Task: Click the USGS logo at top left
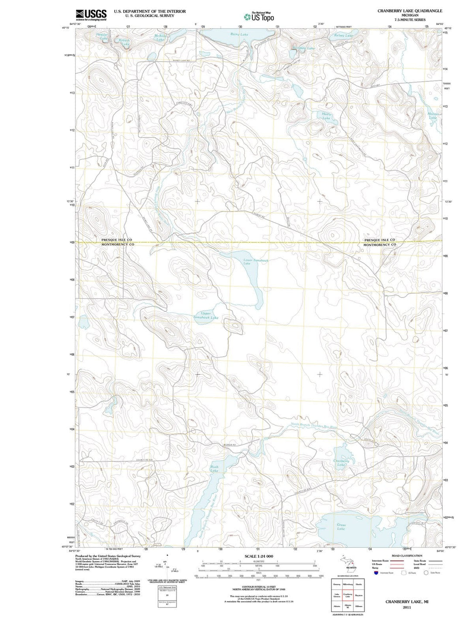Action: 91,15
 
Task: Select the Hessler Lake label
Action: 102,36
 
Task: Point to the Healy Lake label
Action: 327,116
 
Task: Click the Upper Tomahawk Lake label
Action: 206,316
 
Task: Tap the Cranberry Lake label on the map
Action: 341,463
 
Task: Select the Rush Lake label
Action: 214,469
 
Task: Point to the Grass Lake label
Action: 341,527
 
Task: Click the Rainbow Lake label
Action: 304,48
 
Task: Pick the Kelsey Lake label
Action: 343,35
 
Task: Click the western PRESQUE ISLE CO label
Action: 116,240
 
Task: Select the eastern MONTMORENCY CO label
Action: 380,245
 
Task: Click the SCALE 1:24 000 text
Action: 258,556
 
